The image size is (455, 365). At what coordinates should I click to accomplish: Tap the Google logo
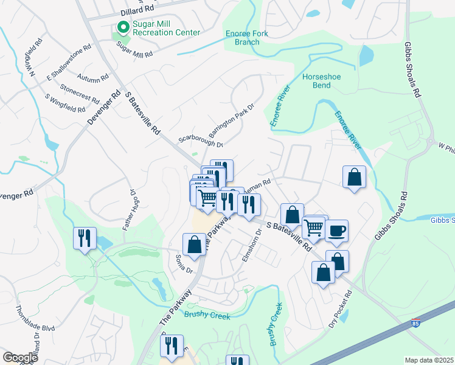(20, 358)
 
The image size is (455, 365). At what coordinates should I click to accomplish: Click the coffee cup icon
(336, 231)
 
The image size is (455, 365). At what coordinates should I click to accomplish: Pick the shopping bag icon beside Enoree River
(354, 178)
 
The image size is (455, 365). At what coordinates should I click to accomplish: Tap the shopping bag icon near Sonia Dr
(194, 245)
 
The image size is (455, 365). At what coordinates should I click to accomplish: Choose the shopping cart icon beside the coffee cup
(314, 228)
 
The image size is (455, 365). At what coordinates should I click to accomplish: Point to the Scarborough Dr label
(201, 137)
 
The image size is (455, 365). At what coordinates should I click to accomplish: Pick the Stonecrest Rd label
(80, 97)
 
